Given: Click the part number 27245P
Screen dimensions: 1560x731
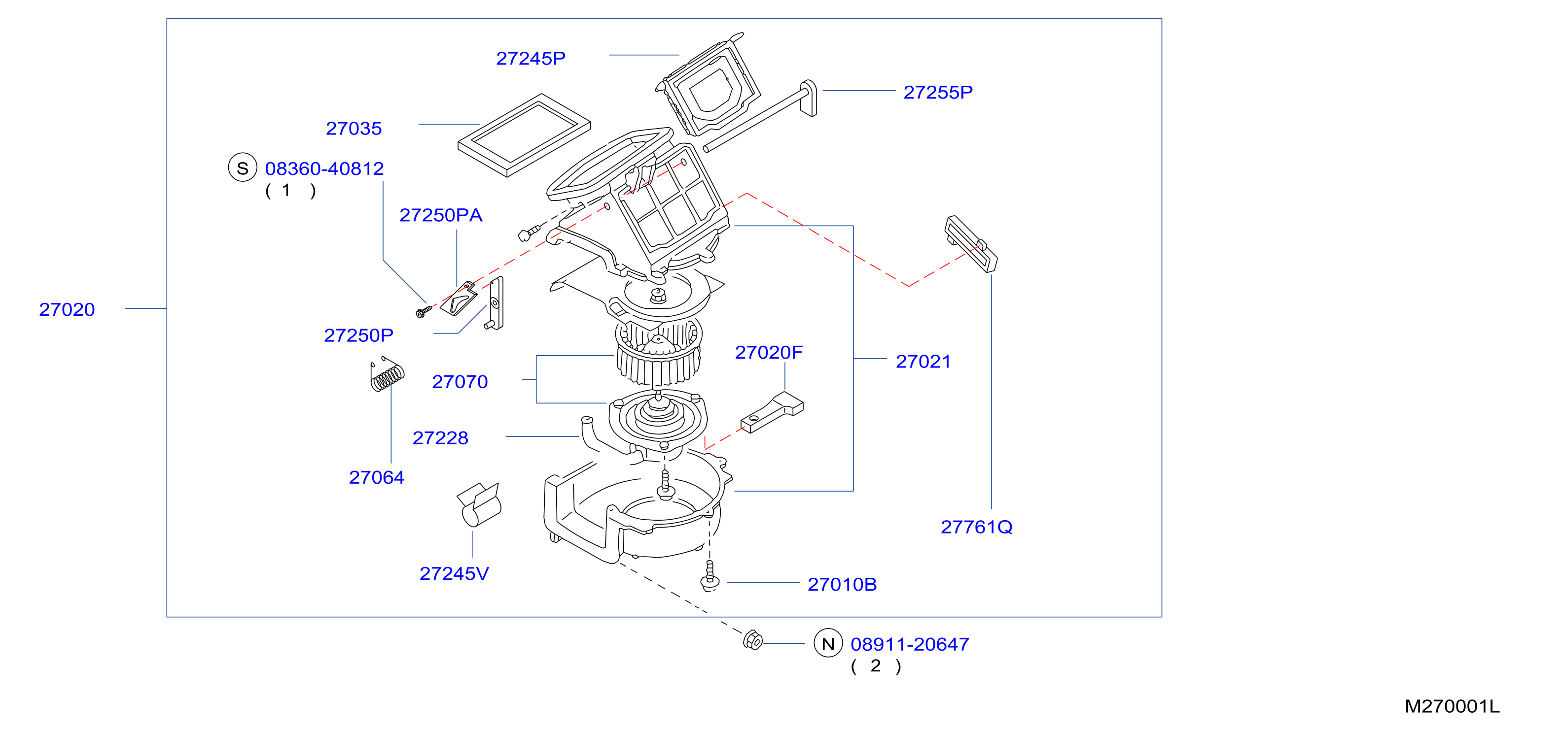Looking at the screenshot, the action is pyautogui.click(x=531, y=58).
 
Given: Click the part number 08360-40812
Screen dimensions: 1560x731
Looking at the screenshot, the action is pyautogui.click(x=324, y=168).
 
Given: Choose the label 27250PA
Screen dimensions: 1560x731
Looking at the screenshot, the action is pyautogui.click(x=440, y=215).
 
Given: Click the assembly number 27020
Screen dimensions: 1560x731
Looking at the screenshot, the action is pyautogui.click(x=67, y=309).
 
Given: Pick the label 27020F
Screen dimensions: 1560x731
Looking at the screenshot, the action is pyautogui.click(x=769, y=352).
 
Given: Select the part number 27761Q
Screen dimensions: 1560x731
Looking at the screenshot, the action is pyautogui.click(x=976, y=527).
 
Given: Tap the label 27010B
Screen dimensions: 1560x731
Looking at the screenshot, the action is pyautogui.click(x=842, y=585).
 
